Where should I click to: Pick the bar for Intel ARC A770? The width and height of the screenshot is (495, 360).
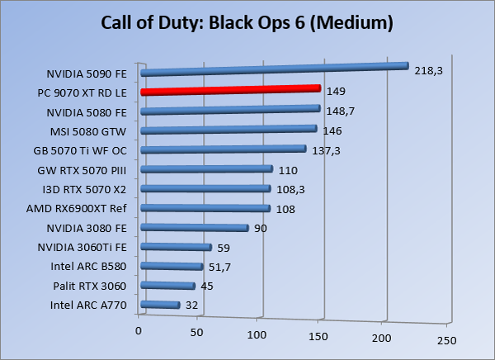(160, 306)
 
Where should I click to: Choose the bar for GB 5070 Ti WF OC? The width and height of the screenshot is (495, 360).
(223, 149)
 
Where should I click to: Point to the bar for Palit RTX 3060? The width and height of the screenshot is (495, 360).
(167, 287)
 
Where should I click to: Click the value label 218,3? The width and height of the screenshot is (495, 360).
(429, 72)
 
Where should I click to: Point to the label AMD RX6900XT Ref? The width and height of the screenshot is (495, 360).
(87, 208)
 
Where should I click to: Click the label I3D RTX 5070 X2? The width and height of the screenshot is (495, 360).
(91, 189)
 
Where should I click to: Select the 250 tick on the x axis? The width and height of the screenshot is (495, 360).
(445, 339)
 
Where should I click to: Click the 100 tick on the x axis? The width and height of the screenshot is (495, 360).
(260, 335)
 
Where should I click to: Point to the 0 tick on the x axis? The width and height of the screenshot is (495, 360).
(139, 331)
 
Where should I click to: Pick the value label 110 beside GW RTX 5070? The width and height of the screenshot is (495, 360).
(287, 170)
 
